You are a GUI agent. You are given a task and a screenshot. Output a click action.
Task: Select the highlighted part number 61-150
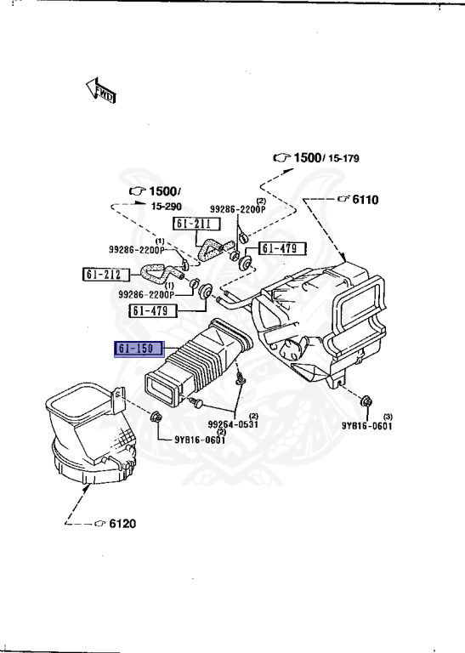click(x=140, y=349)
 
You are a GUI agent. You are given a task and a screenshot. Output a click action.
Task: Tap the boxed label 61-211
click(x=196, y=224)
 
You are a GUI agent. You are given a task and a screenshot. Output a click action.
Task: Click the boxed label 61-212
click(x=105, y=274)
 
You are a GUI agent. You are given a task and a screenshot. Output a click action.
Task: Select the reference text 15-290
click(x=167, y=206)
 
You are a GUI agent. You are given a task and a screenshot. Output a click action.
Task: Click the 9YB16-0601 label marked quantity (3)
click(x=367, y=426)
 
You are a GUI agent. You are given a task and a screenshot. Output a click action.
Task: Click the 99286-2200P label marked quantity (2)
click(x=238, y=208)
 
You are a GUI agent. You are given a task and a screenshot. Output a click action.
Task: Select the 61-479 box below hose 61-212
click(x=153, y=310)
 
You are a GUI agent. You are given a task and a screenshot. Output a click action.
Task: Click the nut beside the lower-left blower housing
click(x=157, y=417)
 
